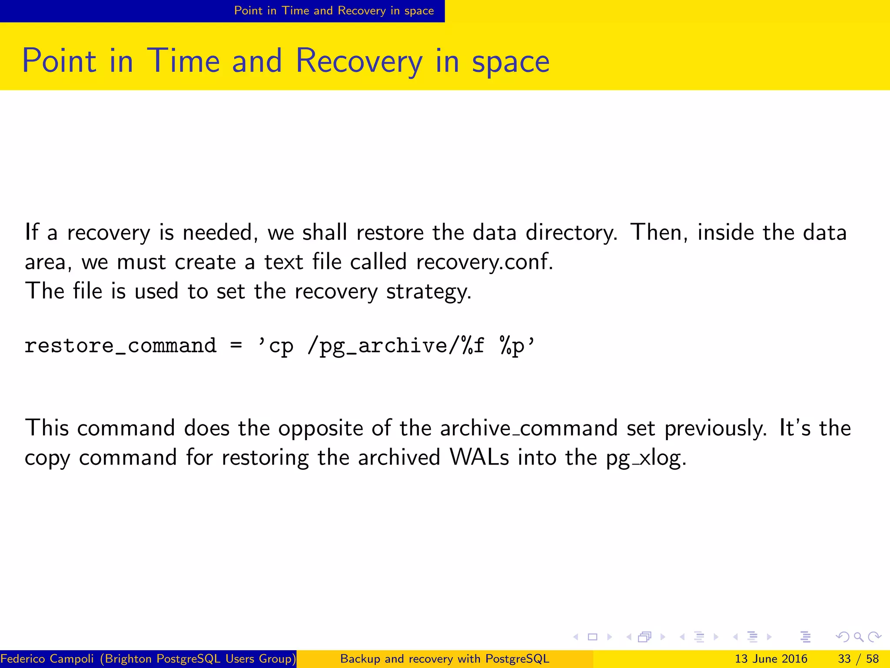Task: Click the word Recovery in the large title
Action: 359,61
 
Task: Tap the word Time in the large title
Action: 183,61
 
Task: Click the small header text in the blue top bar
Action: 334,10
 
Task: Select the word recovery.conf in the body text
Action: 484,262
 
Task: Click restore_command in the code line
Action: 120,346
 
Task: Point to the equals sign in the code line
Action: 236,346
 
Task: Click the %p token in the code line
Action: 512,346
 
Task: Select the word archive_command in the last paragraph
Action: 528,428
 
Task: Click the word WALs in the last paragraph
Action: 479,458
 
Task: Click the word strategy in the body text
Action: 428,291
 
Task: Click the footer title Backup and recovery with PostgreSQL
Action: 445,659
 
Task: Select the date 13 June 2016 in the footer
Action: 770,659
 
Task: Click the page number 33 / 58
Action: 858,659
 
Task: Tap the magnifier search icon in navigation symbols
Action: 858,637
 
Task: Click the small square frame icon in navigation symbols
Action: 592,637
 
